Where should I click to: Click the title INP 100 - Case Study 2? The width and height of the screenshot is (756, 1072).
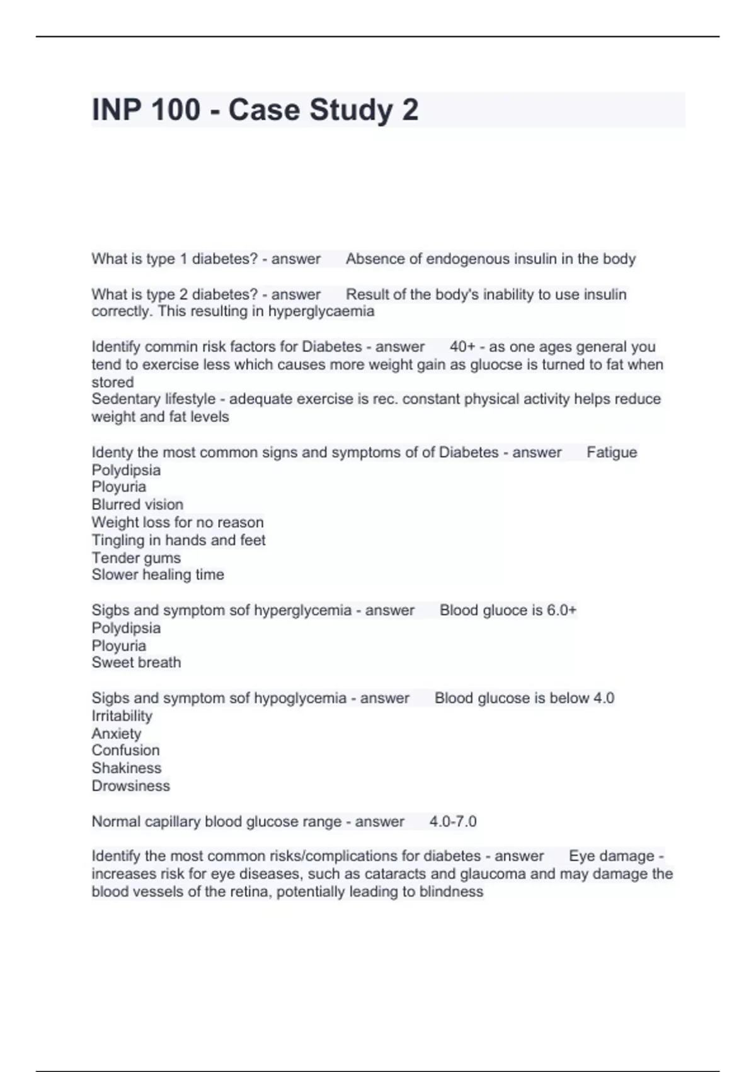click(255, 110)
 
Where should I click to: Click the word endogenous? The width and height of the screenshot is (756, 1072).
click(467, 259)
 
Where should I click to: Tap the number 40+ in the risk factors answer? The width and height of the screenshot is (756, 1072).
click(462, 347)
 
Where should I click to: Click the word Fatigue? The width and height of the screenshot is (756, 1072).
click(612, 452)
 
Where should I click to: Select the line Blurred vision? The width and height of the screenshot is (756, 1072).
click(137, 504)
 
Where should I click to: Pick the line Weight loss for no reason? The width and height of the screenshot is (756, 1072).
click(178, 522)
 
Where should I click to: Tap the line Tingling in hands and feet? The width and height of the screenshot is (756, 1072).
click(178, 540)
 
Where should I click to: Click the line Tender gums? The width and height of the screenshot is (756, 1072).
click(136, 557)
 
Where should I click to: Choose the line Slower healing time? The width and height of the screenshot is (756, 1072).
click(157, 574)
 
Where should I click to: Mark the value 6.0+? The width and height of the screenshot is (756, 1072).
click(561, 610)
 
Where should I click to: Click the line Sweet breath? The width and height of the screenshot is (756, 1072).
click(136, 662)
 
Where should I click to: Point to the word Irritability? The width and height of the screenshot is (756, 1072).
click(122, 716)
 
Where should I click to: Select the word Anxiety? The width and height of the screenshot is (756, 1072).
click(117, 733)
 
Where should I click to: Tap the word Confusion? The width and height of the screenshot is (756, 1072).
click(125, 750)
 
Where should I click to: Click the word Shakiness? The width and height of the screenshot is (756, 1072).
click(127, 768)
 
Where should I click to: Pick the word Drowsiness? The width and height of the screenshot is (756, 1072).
click(131, 786)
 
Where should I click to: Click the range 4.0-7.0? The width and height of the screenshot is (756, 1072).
click(453, 822)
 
